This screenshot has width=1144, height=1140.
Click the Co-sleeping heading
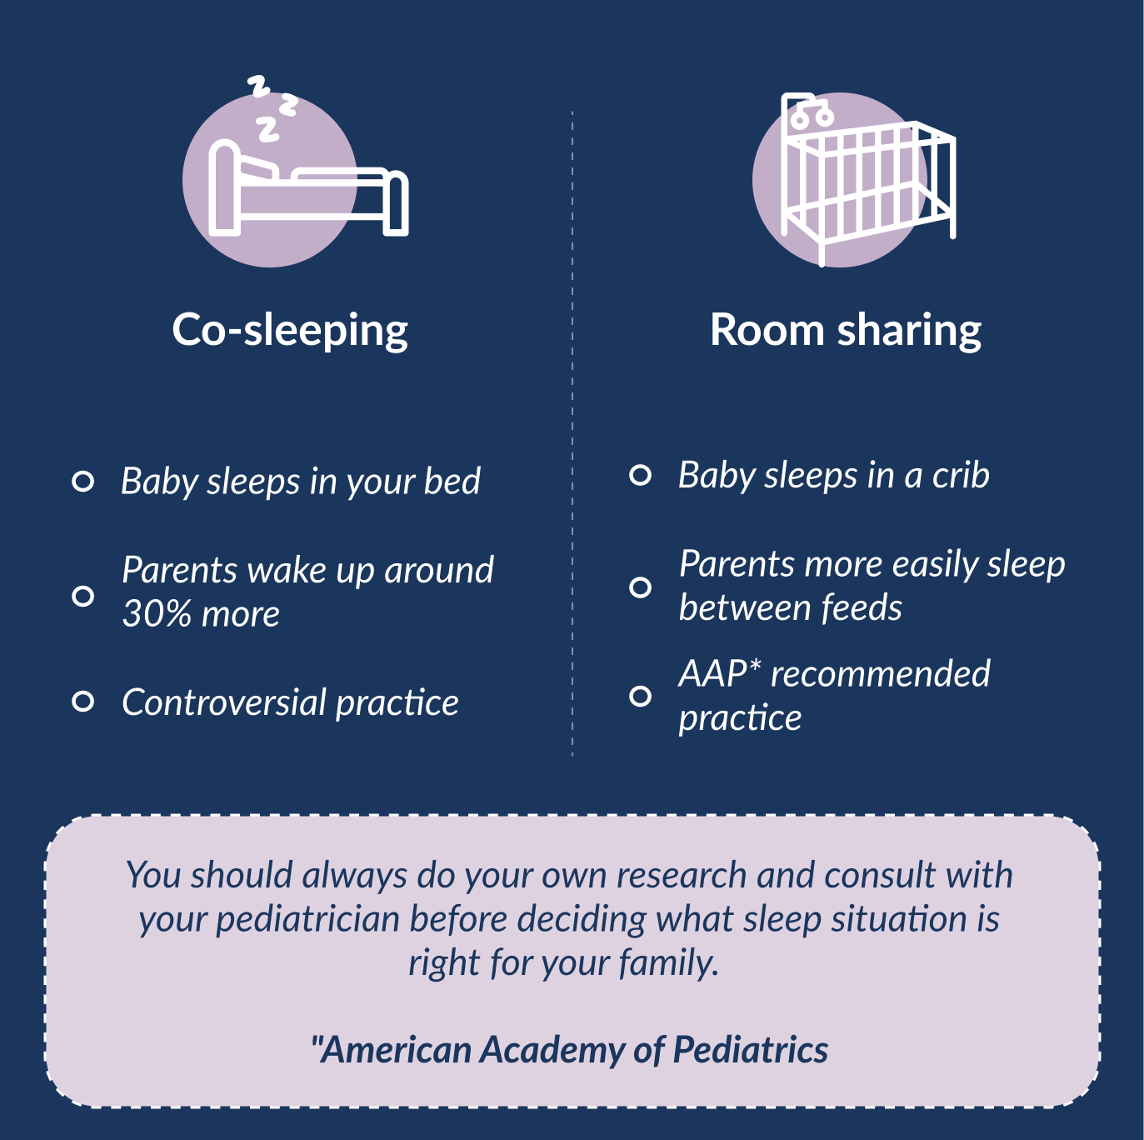290,330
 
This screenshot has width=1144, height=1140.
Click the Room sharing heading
846,330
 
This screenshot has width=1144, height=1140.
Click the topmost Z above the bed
259,86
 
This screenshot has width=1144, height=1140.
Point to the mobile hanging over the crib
811,114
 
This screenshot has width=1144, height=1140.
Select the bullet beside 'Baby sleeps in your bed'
82,482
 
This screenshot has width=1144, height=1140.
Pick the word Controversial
223,702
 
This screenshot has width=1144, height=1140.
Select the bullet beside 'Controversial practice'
82,702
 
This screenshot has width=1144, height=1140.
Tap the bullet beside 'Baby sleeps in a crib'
640,475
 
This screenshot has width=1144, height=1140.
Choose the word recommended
881,673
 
